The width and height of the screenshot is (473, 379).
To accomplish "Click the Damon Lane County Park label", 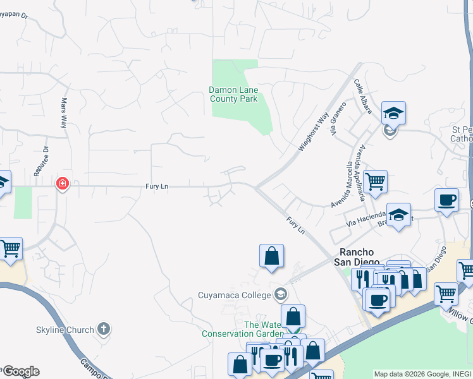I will coord(233,95).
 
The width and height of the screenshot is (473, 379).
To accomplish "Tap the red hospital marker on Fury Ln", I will coord(62,184).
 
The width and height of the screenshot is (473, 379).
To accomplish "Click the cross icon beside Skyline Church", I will coord(104,329).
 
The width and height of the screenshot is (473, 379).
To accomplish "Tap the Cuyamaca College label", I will coord(234,294).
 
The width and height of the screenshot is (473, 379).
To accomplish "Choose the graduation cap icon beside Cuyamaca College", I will coord(280,294).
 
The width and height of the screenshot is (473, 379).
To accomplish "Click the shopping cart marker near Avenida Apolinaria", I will coord(375,182).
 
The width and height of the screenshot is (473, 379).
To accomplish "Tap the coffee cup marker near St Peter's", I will coord(447,200).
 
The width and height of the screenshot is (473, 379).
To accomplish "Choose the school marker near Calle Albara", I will coord(393,114).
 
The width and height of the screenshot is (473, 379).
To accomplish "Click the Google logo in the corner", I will coord(20,371).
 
